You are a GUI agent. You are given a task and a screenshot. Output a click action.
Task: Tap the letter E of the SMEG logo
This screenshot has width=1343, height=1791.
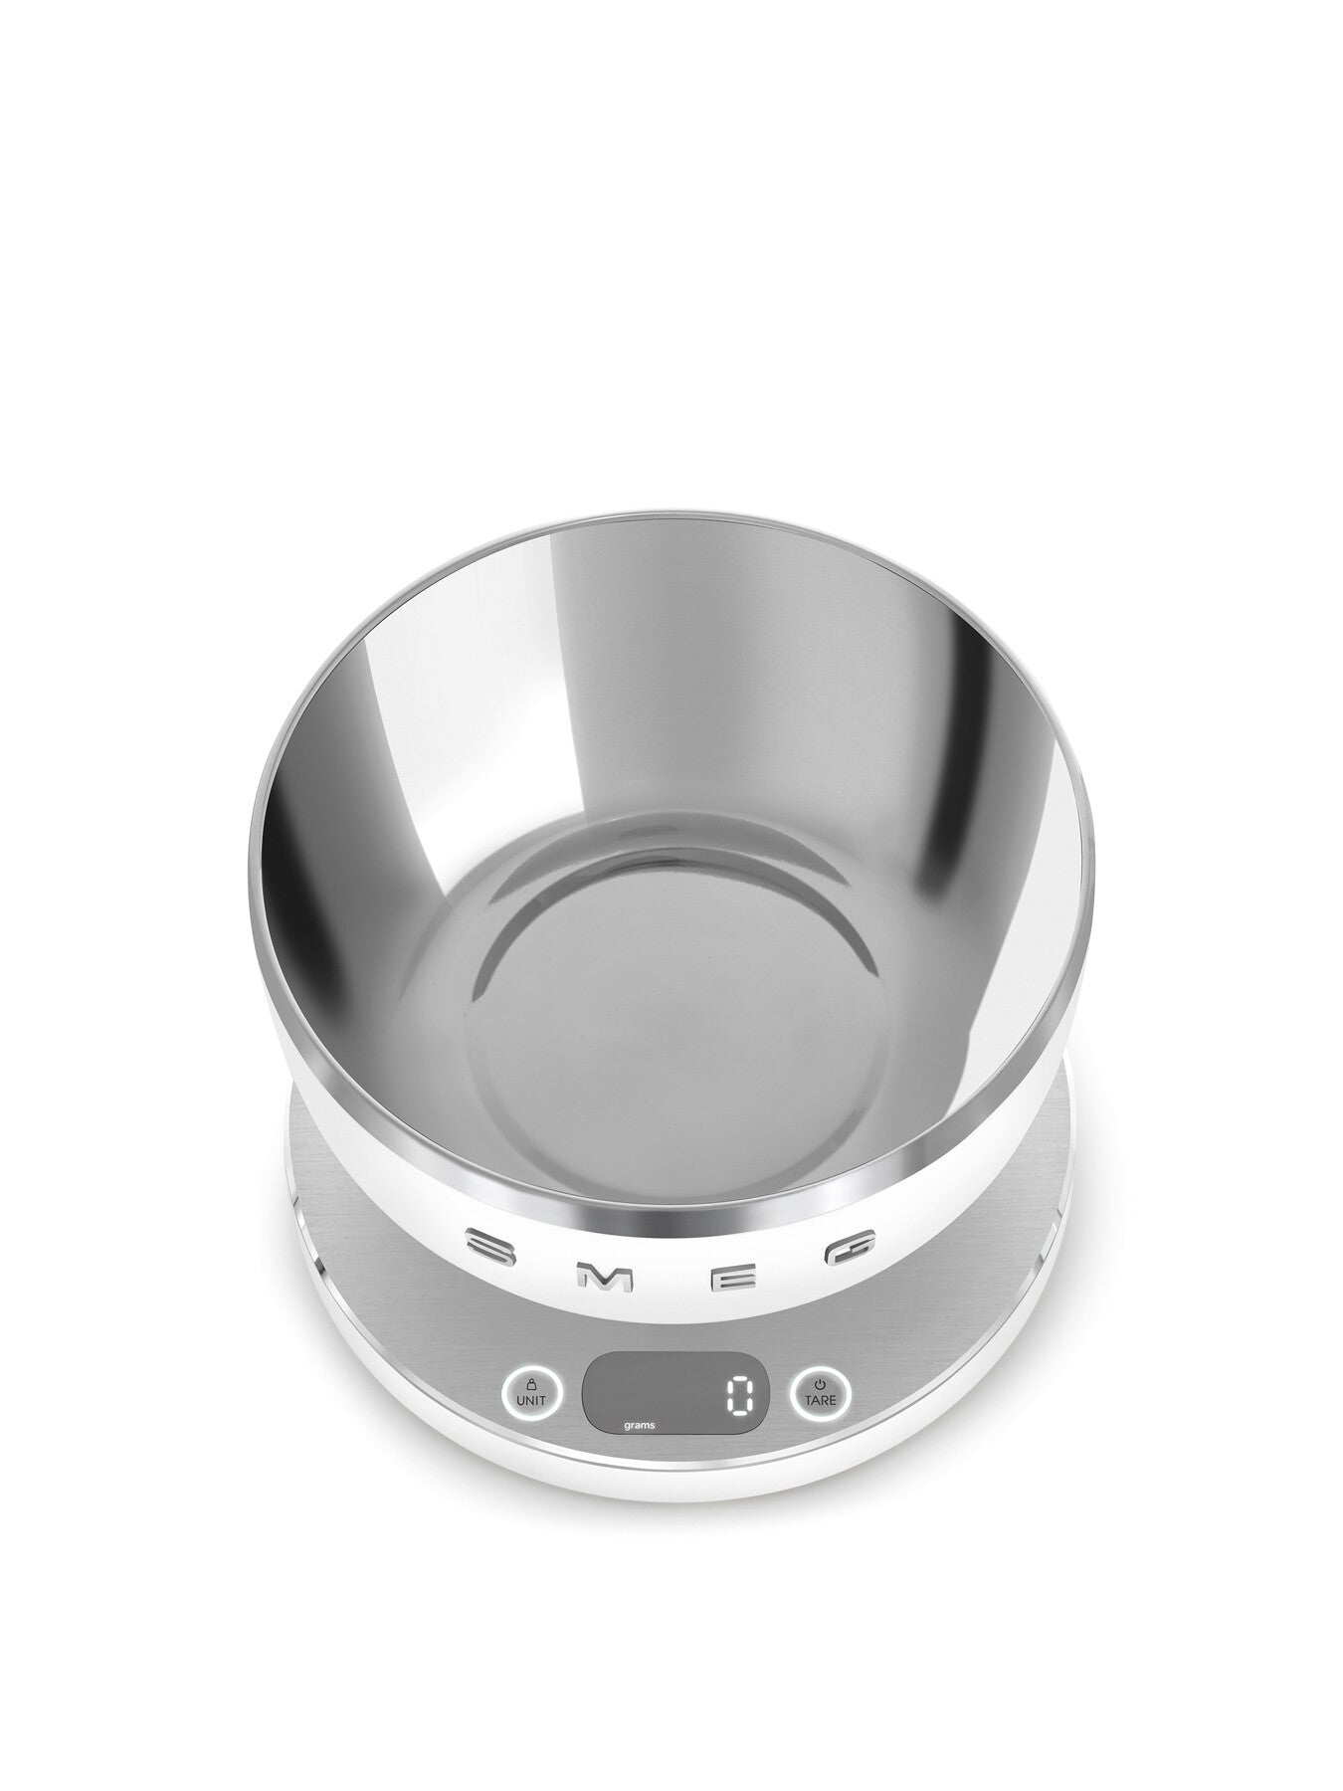pos(737,1278)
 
